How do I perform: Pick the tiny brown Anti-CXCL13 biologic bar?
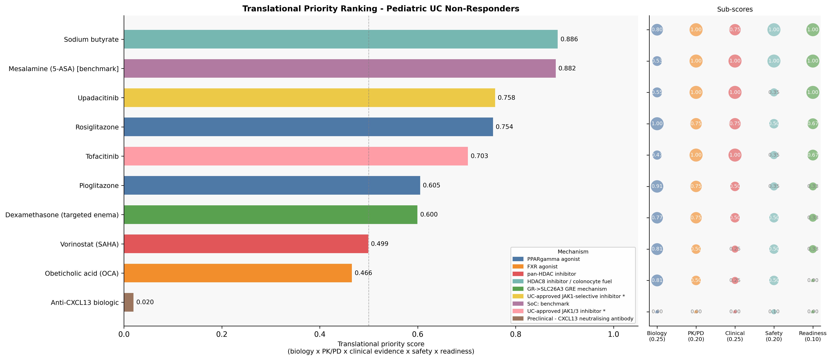pyautogui.click(x=129, y=302)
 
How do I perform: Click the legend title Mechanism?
pyautogui.click(x=573, y=252)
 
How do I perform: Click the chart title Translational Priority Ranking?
pyautogui.click(x=381, y=9)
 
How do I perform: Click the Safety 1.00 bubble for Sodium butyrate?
pyautogui.click(x=773, y=30)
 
